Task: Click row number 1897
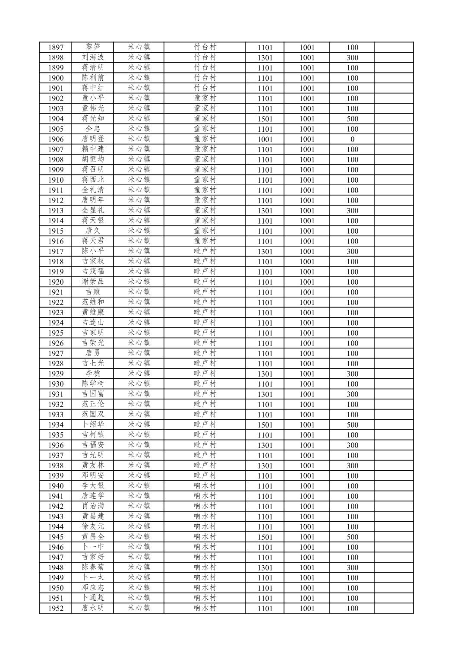[x=56, y=48]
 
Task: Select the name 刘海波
[x=93, y=57]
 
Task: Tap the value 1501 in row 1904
[x=265, y=119]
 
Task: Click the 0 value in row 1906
[x=352, y=139]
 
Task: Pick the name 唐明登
[x=93, y=139]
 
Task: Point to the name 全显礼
[x=93, y=210]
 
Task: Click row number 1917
[x=56, y=251]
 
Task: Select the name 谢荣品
[x=93, y=282]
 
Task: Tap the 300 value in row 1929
[x=352, y=374]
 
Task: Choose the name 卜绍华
[x=93, y=425]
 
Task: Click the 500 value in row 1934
[x=352, y=425]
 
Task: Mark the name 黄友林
[x=93, y=465]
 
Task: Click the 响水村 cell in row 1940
[x=205, y=486]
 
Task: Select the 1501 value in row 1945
[x=265, y=537]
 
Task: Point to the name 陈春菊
[x=93, y=567]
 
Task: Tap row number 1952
[x=56, y=608]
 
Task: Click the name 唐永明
[x=93, y=608]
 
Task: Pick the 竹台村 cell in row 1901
[x=205, y=88]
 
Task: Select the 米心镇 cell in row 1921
[x=139, y=292]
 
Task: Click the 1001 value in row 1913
[x=307, y=210]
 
